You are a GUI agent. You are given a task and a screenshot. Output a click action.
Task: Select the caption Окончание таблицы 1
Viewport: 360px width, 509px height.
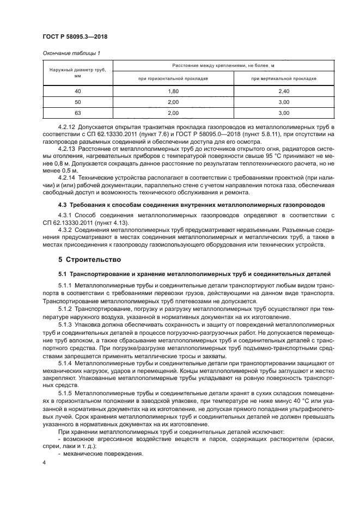point(71,53)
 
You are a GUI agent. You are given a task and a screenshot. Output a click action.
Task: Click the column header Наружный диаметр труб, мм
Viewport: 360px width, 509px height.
point(77,73)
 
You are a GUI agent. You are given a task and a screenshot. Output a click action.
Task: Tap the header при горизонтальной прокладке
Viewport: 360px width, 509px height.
point(173,79)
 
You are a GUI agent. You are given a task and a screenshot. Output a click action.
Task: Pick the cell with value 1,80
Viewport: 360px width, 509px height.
point(173,91)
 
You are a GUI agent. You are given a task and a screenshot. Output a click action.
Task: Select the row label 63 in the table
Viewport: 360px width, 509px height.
point(77,113)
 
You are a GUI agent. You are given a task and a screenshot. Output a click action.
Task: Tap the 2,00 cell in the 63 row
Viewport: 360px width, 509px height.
point(173,113)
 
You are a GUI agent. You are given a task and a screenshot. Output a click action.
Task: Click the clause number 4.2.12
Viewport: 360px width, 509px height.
point(67,126)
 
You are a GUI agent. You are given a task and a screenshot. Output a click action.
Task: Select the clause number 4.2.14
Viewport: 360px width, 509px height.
point(67,177)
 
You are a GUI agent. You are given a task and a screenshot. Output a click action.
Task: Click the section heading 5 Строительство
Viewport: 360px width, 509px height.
point(89,260)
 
